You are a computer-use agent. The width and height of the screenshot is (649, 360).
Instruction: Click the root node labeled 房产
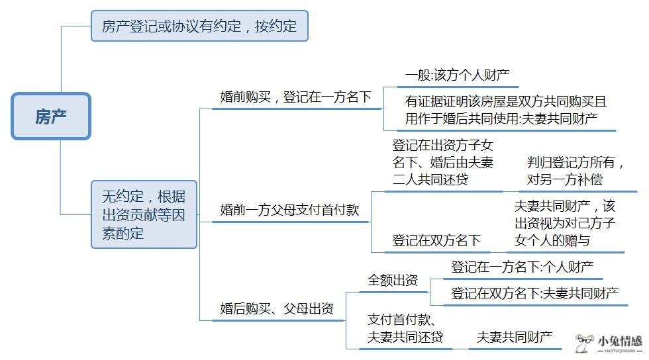point(51,116)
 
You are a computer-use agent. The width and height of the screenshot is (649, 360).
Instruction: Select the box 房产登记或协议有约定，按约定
point(199,26)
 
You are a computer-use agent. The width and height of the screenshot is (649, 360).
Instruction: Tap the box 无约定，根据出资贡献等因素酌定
point(144,214)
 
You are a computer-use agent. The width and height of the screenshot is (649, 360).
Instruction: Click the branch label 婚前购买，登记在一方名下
point(296,97)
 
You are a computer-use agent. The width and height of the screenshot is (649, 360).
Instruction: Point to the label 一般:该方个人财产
point(458,75)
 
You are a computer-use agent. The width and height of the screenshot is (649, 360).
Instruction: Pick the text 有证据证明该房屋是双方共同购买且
point(506,101)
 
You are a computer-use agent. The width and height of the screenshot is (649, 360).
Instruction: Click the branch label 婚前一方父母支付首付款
point(290,210)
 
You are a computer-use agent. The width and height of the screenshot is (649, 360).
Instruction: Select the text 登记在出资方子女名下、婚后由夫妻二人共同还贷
point(443,162)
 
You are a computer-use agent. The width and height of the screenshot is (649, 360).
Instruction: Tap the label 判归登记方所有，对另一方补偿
point(575,171)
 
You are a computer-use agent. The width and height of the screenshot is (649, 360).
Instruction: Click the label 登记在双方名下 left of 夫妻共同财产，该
point(436,240)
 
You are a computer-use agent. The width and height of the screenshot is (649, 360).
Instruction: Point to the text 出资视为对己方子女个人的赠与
point(565,232)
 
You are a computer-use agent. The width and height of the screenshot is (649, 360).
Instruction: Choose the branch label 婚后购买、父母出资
point(277,308)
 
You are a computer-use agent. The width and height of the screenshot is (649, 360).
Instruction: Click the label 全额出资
point(393,280)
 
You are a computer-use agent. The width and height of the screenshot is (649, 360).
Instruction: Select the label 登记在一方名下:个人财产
point(523,267)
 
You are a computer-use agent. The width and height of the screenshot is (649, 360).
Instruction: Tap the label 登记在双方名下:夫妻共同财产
point(535,293)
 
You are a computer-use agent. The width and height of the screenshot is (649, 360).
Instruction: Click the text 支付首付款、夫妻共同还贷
point(405,328)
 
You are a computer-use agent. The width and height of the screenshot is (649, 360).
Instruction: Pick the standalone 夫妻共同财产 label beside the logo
point(515,337)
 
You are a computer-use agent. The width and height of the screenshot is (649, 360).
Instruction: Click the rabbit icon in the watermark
point(584,343)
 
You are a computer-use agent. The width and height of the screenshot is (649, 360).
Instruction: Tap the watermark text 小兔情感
point(620,341)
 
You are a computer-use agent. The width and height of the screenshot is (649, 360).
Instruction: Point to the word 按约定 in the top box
point(276,26)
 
